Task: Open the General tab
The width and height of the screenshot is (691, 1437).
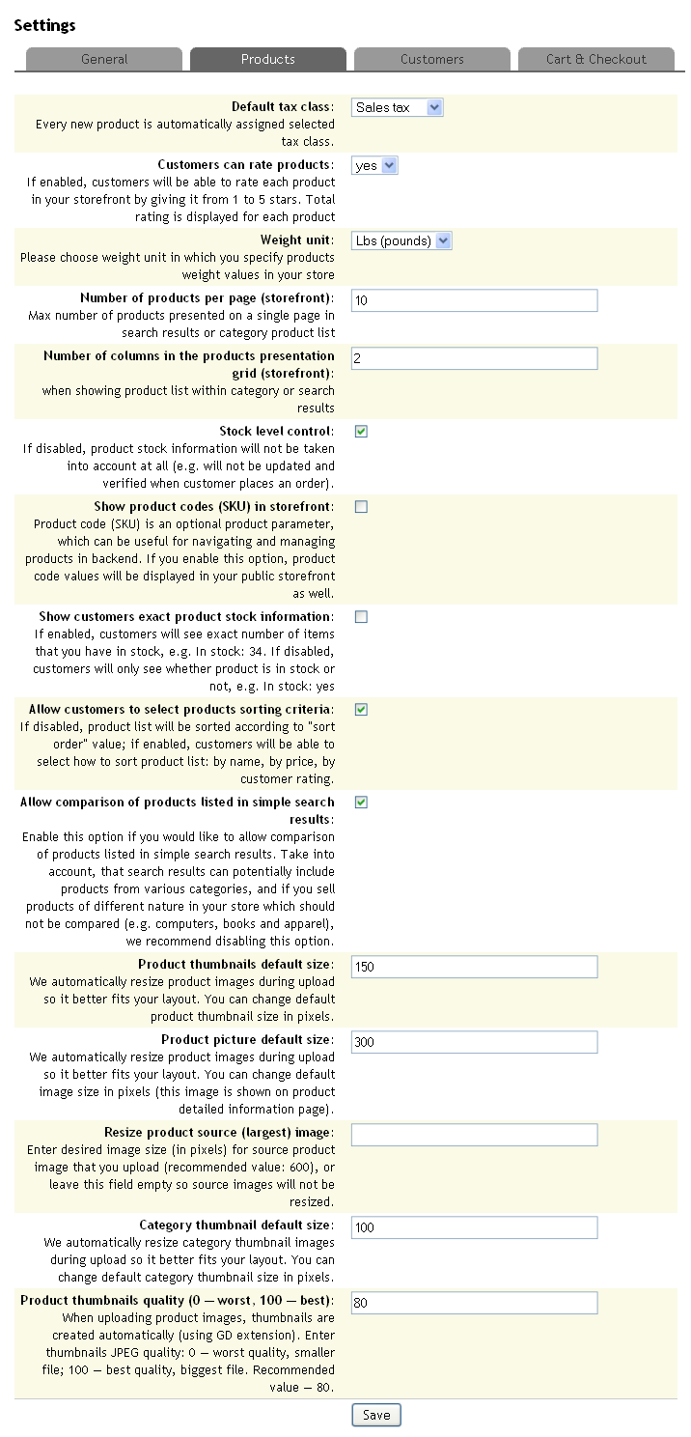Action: pos(104,59)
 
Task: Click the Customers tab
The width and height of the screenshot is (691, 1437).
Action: pos(431,59)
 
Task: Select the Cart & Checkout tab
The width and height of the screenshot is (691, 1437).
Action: pos(595,59)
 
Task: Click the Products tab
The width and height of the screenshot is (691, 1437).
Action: pos(268,59)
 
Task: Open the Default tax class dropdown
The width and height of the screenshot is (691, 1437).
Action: pos(397,107)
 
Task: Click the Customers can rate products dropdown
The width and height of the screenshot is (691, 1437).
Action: pos(374,165)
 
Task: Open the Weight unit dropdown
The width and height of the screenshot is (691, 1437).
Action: pos(401,240)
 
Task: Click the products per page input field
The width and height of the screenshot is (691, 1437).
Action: pos(474,300)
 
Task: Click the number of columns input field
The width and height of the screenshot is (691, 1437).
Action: pos(474,358)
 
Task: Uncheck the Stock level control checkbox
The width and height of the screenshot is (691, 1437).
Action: pos(361,432)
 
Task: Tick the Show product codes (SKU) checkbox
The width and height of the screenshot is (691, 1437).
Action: pos(361,507)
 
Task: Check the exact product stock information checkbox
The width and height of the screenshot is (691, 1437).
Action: pos(361,617)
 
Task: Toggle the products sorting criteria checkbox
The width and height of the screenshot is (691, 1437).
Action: pos(361,710)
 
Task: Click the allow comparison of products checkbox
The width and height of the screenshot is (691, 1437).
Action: pos(361,803)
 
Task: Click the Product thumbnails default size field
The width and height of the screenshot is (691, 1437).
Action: pos(474,967)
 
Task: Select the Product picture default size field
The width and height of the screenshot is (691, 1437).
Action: pos(474,1042)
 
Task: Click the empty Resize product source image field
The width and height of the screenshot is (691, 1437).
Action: pos(474,1135)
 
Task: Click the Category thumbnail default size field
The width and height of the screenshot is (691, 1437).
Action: pos(474,1227)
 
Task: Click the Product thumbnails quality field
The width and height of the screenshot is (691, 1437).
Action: pos(474,1303)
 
